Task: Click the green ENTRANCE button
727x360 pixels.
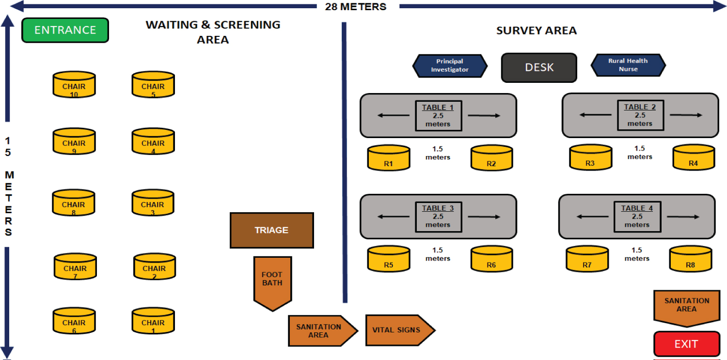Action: click(65, 30)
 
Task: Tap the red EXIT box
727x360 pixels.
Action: click(686, 344)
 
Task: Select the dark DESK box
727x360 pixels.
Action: click(539, 67)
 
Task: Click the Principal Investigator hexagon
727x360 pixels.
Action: click(449, 65)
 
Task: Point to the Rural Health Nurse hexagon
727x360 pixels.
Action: click(628, 65)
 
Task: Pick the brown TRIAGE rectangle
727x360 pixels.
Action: click(271, 230)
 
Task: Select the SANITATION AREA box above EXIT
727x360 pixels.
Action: click(686, 305)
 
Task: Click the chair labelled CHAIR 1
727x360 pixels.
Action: click(153, 321)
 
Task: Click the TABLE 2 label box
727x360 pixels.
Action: click(640, 115)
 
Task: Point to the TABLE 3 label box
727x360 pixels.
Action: click(438, 217)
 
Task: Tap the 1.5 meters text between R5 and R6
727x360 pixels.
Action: click(438, 254)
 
